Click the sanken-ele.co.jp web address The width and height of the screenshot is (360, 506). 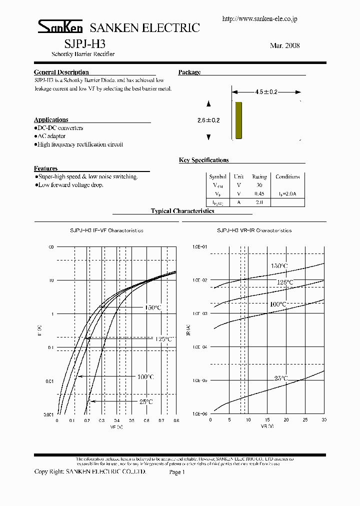(259, 19)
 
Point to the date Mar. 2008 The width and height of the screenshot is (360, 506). (284, 45)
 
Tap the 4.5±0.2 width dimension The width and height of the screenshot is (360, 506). (266, 92)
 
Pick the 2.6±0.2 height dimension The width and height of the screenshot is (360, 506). (208, 120)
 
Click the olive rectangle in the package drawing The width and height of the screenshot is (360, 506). (238, 120)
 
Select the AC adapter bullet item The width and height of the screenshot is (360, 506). (50, 136)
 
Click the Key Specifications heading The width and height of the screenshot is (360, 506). (203, 160)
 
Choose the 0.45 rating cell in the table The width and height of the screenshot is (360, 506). (259, 193)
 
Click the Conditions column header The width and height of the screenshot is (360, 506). (287, 176)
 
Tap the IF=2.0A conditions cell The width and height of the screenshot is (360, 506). (287, 193)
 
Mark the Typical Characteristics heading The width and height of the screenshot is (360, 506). (182, 211)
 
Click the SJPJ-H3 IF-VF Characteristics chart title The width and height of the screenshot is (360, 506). (106, 230)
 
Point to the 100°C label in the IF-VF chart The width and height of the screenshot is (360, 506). (145, 376)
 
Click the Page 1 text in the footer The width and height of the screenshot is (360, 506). (177, 471)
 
